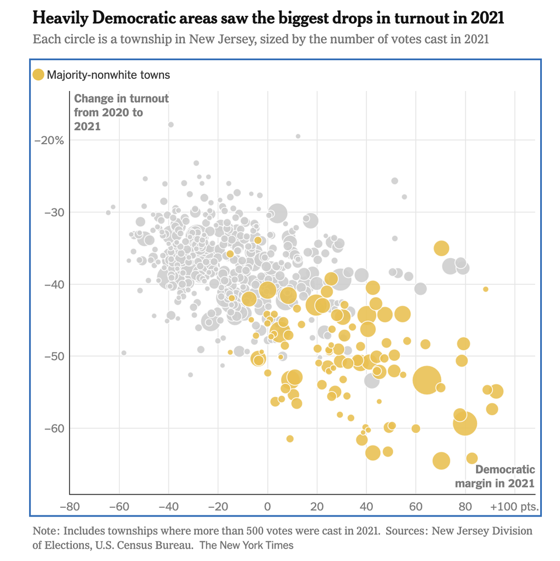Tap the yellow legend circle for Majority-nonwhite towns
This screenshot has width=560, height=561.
pos(38,75)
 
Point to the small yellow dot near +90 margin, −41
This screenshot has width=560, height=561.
pos(485,289)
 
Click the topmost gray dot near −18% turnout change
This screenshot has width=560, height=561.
pos(171,124)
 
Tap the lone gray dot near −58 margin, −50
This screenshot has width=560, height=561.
pos(124,353)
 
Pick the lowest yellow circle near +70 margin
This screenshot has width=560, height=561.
pos(442,461)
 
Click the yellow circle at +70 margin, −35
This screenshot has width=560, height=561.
pos(442,248)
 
